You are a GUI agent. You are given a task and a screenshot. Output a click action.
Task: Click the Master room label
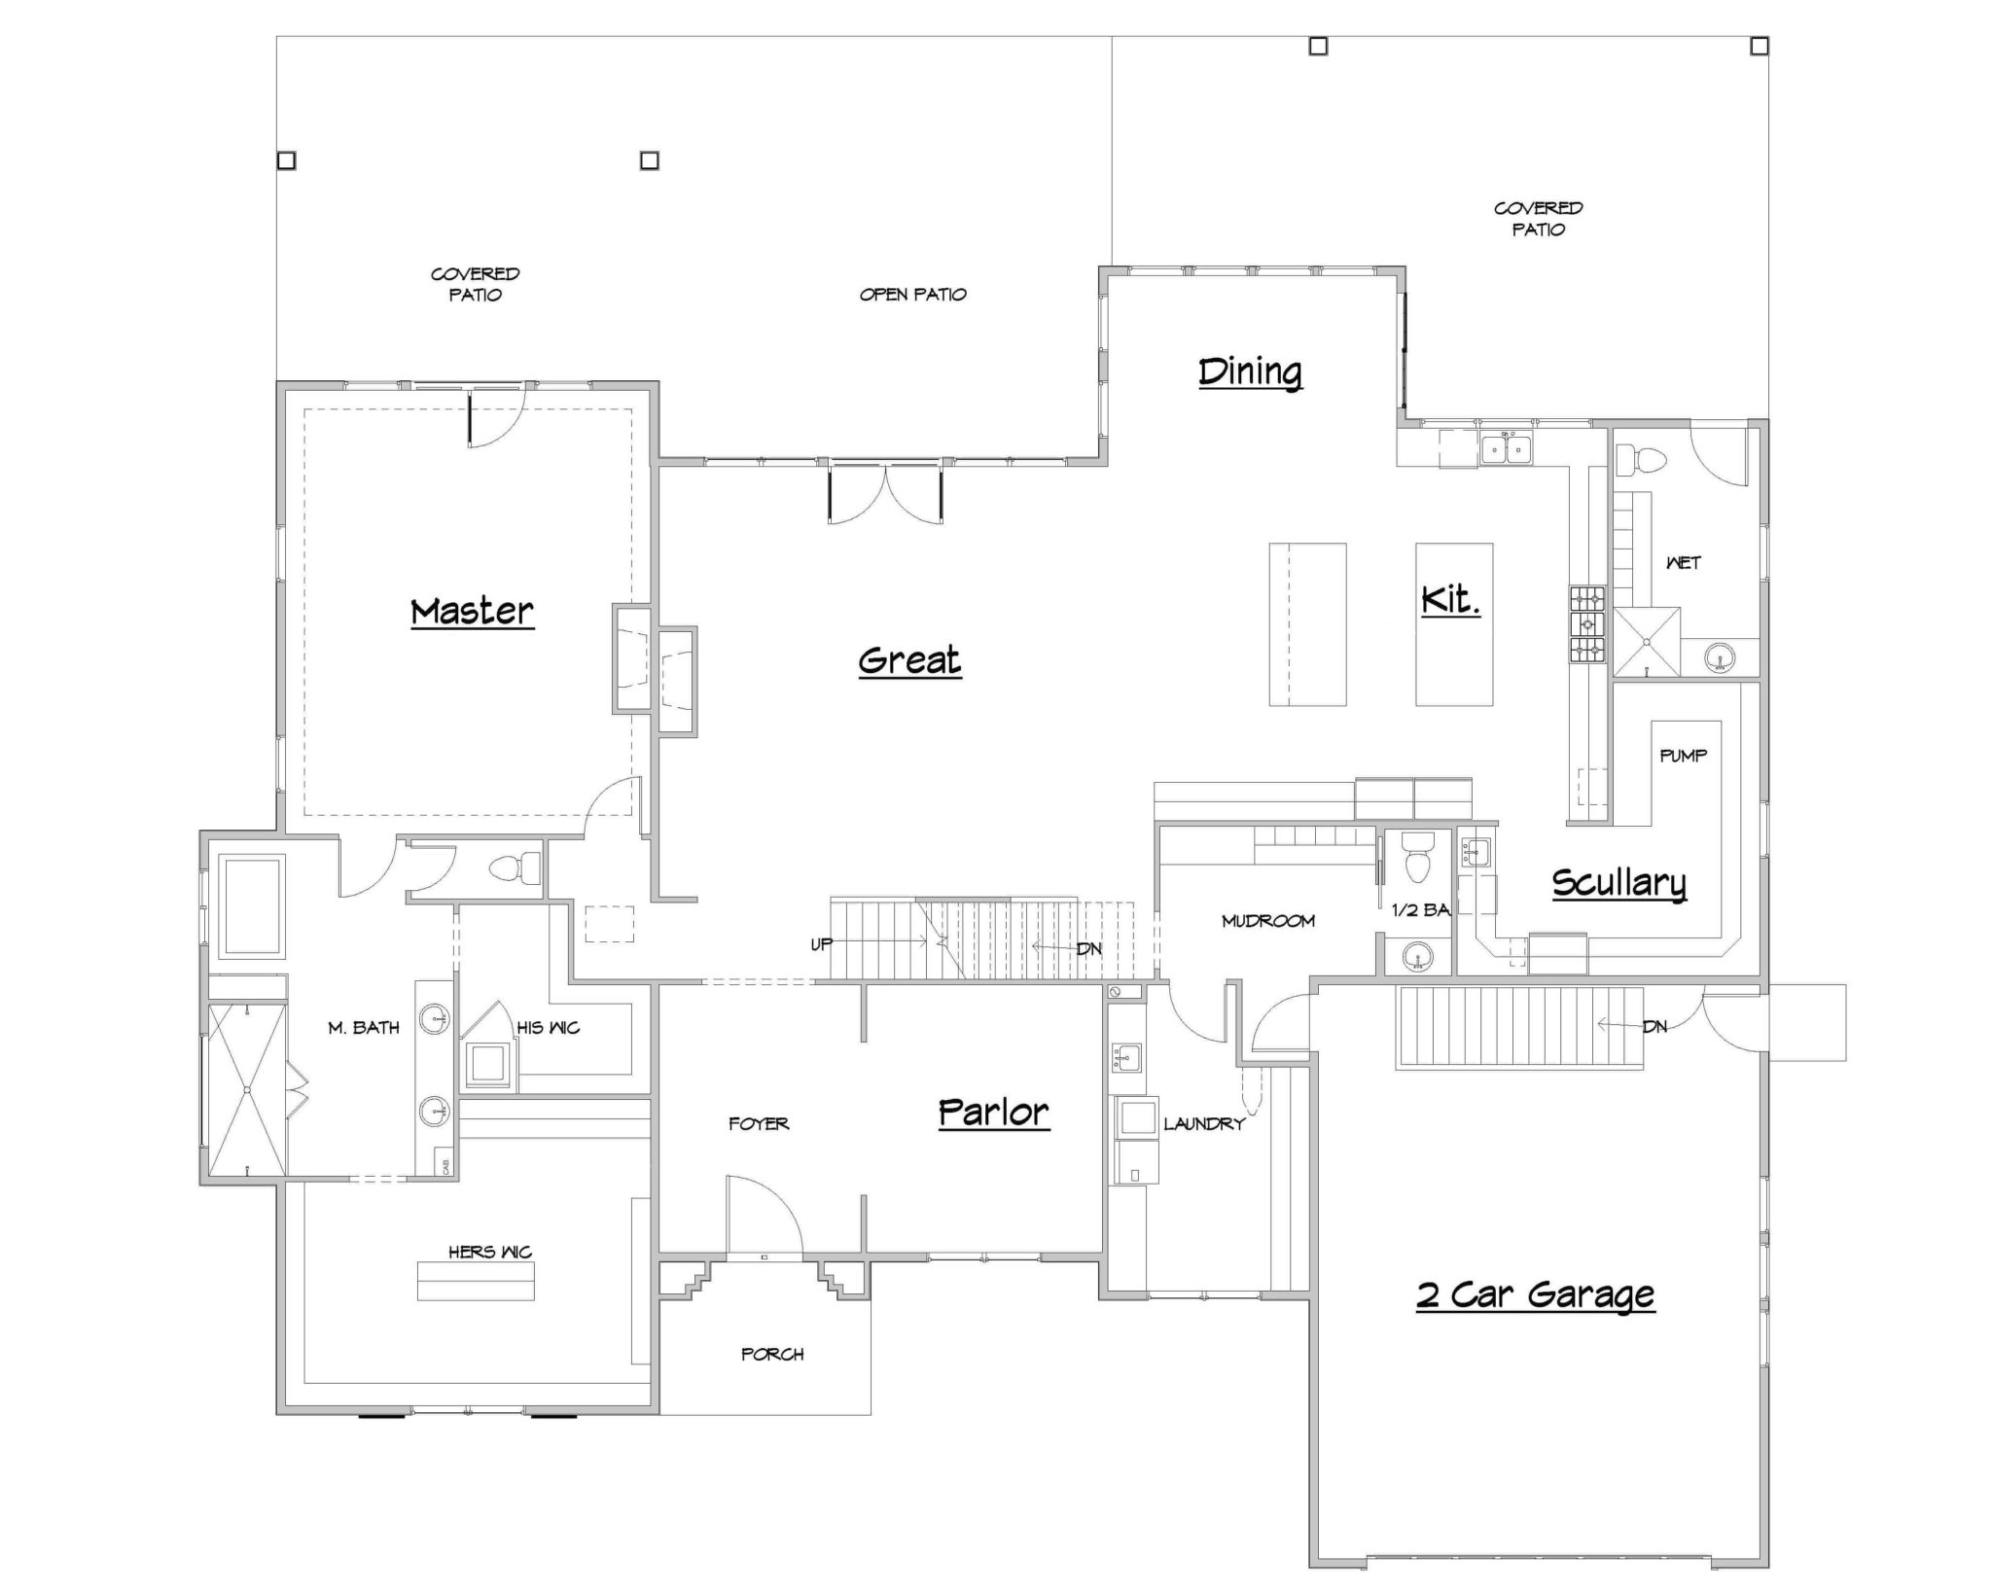tap(472, 612)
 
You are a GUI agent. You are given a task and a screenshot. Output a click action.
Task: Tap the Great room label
tap(909, 661)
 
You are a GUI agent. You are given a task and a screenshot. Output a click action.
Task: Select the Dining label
tap(1250, 372)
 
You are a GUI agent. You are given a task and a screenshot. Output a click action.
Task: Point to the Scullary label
tap(1618, 883)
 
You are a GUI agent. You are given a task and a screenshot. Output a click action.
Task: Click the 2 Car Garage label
tap(1535, 1294)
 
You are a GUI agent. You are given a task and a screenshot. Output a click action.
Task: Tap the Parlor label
tap(993, 1112)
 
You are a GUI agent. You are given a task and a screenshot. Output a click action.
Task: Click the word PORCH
tap(772, 1354)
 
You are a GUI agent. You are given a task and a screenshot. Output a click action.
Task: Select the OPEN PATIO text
tap(912, 295)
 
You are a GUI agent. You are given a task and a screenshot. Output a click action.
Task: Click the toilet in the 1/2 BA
tap(1419, 859)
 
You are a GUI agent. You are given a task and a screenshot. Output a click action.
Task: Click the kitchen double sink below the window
tap(1506, 449)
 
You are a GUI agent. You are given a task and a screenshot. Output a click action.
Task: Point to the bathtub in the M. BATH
tap(252, 905)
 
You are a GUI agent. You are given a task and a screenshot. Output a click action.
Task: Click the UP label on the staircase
tap(822, 944)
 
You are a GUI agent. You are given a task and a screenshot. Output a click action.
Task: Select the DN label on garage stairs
tap(1654, 1026)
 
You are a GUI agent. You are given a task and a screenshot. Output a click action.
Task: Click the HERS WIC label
tap(490, 1252)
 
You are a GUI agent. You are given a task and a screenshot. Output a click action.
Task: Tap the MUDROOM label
tap(1268, 920)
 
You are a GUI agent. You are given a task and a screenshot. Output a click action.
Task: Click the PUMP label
tap(1683, 756)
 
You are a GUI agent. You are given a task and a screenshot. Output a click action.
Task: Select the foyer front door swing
tap(764, 1216)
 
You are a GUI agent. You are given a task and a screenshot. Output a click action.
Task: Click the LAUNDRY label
tap(1204, 1123)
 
